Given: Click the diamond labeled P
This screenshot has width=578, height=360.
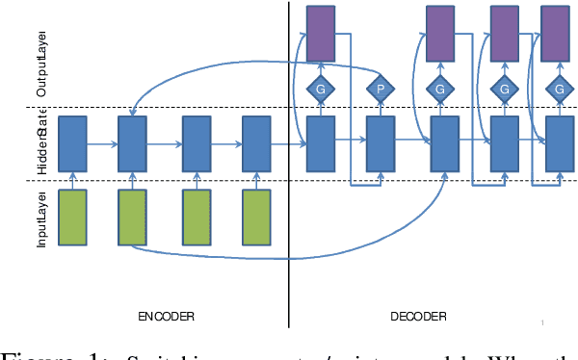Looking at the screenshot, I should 381,90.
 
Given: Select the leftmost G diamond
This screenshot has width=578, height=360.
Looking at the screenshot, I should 320,90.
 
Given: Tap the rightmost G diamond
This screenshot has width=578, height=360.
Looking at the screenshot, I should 559,90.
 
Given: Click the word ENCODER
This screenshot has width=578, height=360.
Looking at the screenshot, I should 165,315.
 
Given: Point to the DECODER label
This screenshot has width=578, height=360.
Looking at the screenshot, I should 418,315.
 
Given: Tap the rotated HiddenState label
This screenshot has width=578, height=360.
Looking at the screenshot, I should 42,141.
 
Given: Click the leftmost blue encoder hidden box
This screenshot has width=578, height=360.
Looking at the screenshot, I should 73,142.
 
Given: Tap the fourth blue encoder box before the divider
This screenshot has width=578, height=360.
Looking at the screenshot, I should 256,142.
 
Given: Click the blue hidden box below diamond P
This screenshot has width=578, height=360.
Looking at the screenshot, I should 381,142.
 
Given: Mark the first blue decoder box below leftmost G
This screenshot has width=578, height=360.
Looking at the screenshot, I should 320,142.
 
